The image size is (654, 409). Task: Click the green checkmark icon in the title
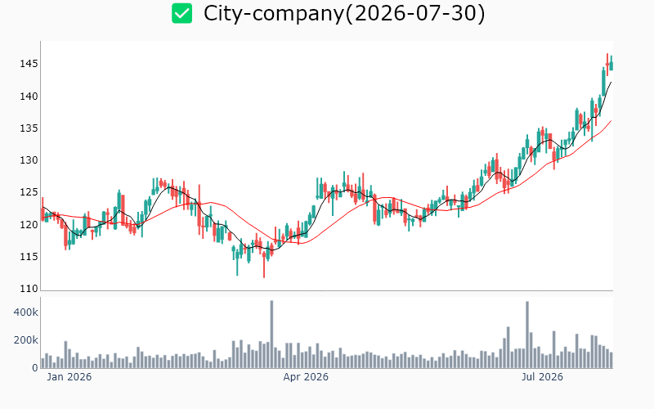coord(181,13)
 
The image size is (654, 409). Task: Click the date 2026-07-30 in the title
coord(415,13)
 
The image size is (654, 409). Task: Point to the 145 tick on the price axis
coord(29,64)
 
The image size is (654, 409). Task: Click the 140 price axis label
coord(29,97)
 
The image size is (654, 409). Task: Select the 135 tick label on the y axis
coord(29,128)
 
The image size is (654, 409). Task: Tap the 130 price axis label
coord(29,160)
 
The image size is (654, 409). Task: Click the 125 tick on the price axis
coord(29,192)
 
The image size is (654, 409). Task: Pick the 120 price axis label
coord(29,224)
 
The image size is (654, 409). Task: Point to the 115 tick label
coord(29,257)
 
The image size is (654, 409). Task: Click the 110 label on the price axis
coord(29,289)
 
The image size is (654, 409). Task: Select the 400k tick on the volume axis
coord(26,312)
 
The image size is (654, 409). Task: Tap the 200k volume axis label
coord(26,340)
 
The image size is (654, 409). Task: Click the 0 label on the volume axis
coord(35,367)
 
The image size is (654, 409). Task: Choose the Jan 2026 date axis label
coord(69,377)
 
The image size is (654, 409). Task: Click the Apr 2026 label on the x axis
coord(306,377)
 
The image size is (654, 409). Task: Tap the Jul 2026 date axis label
coord(542,377)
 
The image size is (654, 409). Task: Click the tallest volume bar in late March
coord(271,335)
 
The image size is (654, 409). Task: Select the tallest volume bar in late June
coord(527,335)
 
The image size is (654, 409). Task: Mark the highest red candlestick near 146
coord(607,65)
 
